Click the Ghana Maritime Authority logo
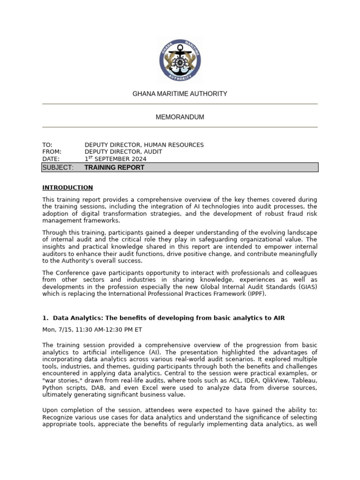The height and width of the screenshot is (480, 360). tap(180, 58)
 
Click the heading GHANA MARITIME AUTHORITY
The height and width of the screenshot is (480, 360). tap(180, 94)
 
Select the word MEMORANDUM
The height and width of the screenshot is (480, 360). tap(180, 117)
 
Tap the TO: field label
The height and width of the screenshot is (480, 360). tap(47, 145)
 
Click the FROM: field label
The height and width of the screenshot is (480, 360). tap(52, 152)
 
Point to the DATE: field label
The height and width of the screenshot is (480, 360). tap(51, 159)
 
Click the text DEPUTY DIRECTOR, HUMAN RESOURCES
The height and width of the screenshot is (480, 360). tap(144, 145)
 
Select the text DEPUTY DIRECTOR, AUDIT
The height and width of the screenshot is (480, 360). tap(123, 152)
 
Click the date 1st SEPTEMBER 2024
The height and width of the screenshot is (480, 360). tap(115, 159)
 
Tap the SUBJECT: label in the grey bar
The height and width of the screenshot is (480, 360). tap(58, 167)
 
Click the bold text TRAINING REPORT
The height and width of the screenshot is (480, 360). tap(114, 167)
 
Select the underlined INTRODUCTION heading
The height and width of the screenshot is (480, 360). tap(67, 187)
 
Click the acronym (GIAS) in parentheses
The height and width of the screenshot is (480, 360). tap(306, 287)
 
